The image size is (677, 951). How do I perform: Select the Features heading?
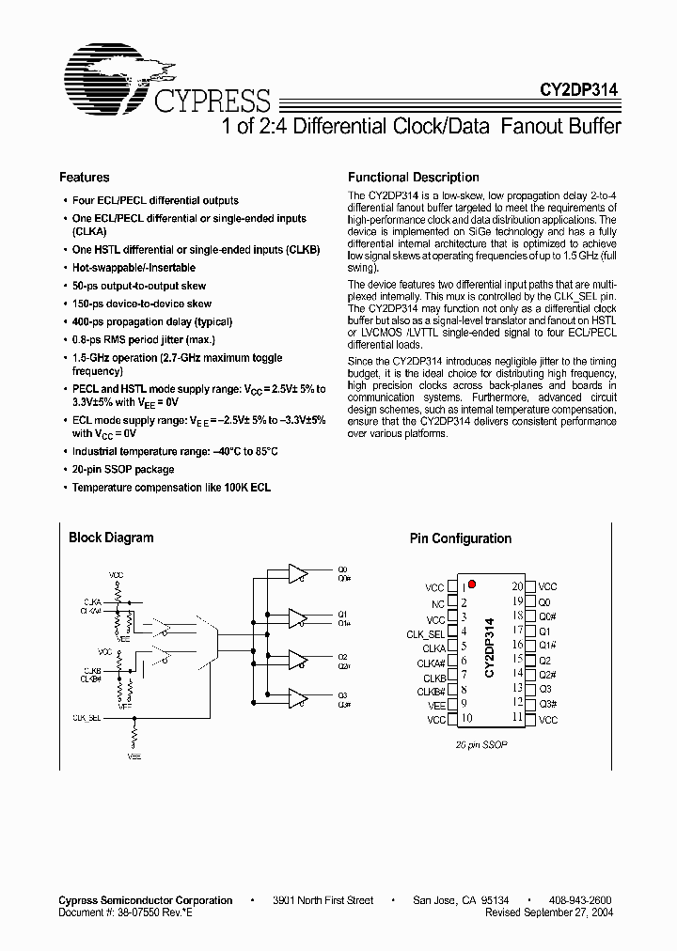(x=85, y=177)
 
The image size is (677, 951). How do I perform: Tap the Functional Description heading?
(x=413, y=177)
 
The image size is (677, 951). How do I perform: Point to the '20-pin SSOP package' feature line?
(x=123, y=470)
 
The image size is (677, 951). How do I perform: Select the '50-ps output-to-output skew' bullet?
(x=139, y=286)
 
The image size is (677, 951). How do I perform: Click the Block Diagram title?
(x=111, y=538)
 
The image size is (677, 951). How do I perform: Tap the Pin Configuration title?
(x=460, y=538)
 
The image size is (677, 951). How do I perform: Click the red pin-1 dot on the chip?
(x=472, y=584)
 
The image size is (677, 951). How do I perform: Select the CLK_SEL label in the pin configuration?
(x=426, y=634)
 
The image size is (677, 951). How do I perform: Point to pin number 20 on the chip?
(x=517, y=585)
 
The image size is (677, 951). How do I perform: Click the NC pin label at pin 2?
(x=438, y=604)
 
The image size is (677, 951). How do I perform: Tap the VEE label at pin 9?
(x=436, y=705)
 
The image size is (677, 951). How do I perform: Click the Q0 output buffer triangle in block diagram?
(x=297, y=573)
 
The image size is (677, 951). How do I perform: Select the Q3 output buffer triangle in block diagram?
(x=297, y=698)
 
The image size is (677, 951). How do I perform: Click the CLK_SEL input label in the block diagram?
(x=87, y=717)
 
